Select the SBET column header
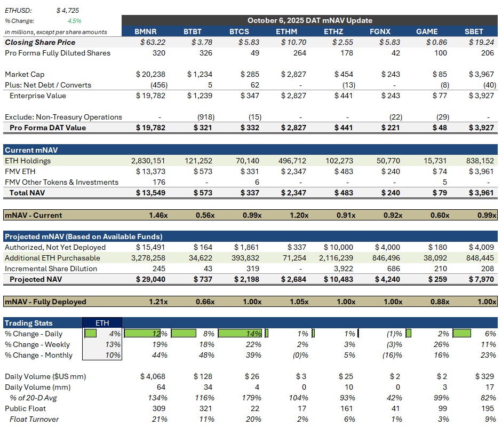[x=474, y=31]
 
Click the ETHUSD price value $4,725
[x=68, y=10]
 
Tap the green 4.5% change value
[x=74, y=21]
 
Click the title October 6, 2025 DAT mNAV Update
[x=309, y=20]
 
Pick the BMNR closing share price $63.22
[x=153, y=42]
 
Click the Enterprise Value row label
[x=38, y=96]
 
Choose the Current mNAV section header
[x=27, y=150]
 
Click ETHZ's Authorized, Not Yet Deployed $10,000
[x=338, y=247]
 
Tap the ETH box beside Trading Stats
[x=102, y=323]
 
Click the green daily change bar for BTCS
[x=242, y=334]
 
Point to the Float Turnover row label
[x=34, y=419]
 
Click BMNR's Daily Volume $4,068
[x=153, y=376]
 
